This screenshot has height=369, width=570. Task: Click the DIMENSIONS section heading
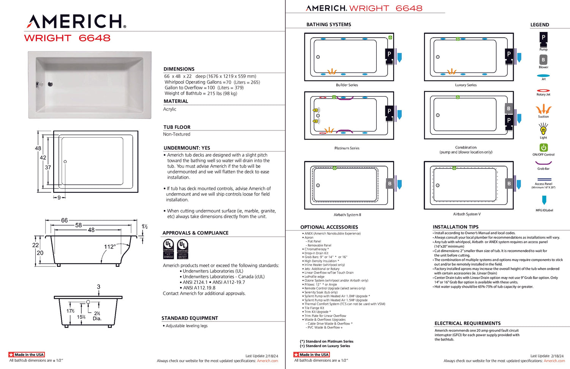coord(179,69)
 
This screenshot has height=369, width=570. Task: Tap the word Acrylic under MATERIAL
coord(169,109)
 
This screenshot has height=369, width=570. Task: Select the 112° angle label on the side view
coord(110,247)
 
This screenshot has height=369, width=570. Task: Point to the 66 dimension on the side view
coord(65,220)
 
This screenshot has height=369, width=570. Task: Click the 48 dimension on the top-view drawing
coord(38,148)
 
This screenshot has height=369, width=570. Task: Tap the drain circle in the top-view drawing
coord(65,162)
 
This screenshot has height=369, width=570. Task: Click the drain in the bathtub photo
coord(50,84)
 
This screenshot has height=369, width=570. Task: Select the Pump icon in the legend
coord(543,39)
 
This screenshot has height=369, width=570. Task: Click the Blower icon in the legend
coord(543,60)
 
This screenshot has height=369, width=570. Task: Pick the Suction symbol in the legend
coord(543,109)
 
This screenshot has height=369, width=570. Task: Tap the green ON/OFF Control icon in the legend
coord(543,147)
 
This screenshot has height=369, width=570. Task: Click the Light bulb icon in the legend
coord(543,130)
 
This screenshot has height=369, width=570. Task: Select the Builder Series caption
coord(347,85)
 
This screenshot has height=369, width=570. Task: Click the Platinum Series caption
coord(347,148)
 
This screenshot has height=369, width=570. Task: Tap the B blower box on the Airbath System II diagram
coord(389,184)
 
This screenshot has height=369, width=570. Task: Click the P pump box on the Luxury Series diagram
coord(509,54)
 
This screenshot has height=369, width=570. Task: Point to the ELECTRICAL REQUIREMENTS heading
coord(467,323)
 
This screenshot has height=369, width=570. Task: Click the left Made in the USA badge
coord(27,355)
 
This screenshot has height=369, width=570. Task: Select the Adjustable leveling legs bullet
coord(186,326)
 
